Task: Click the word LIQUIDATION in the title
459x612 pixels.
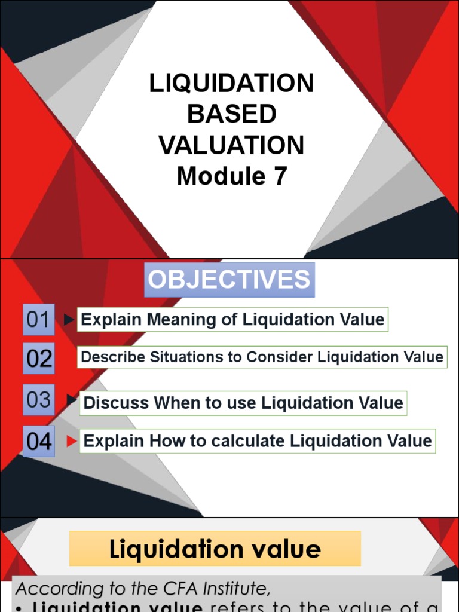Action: click(x=231, y=84)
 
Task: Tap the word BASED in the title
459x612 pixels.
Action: click(x=231, y=115)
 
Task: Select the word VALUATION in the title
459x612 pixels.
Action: click(x=231, y=146)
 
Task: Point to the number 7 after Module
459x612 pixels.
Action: click(x=280, y=177)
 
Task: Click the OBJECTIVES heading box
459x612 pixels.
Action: click(x=229, y=280)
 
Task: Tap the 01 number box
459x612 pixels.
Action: click(x=38, y=319)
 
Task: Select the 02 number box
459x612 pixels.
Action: click(x=39, y=359)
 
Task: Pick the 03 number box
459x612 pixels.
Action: click(x=39, y=399)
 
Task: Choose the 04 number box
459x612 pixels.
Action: click(x=39, y=442)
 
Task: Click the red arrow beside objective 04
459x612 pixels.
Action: click(x=72, y=442)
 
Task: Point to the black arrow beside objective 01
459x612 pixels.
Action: click(x=69, y=320)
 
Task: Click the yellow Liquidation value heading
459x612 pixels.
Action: click(x=215, y=549)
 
